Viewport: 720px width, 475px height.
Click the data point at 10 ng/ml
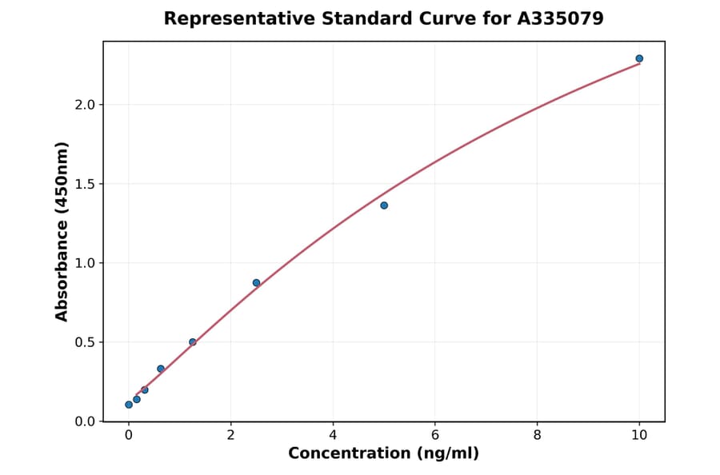point(639,58)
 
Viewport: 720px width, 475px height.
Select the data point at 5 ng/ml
point(384,206)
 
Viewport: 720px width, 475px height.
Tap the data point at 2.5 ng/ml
point(256,283)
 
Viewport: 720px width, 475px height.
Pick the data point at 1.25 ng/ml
point(193,342)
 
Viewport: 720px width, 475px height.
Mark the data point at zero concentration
point(129,405)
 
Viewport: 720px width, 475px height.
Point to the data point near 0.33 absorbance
point(161,369)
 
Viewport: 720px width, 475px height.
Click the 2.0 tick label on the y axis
point(84,105)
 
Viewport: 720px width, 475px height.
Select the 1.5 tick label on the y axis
point(84,184)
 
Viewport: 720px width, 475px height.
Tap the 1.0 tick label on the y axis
point(84,263)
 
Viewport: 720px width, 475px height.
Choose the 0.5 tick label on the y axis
point(84,342)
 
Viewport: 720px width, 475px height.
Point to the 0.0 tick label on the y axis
point(84,421)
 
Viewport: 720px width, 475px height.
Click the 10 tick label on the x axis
point(639,435)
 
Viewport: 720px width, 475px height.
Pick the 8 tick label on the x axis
point(537,435)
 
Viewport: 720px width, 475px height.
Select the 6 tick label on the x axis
point(435,435)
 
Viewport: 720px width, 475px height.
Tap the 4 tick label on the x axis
point(333,435)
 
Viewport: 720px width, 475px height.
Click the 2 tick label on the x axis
point(230,435)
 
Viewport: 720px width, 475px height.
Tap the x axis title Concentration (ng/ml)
point(383,454)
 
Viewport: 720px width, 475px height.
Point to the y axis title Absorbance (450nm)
point(62,231)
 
